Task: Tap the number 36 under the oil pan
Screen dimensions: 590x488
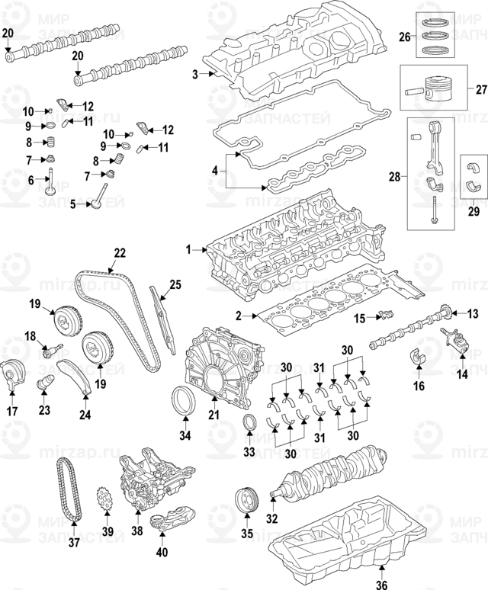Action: tap(382, 584)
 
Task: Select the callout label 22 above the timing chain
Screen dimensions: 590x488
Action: tap(119, 252)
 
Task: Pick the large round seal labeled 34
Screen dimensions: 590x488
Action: tap(185, 401)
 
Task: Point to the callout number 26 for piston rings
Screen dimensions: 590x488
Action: tap(405, 36)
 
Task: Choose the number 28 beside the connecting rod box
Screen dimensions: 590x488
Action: tap(393, 178)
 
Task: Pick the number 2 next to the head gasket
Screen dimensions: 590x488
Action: tap(238, 316)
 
